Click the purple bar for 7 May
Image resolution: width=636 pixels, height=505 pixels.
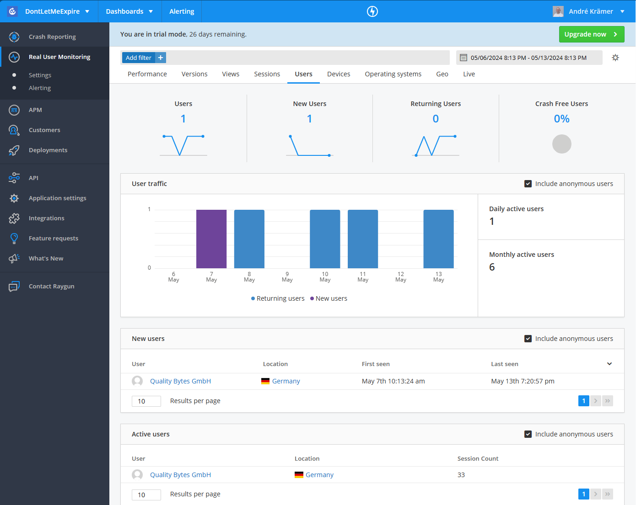(x=211, y=239)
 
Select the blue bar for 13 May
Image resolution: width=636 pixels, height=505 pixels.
(x=438, y=239)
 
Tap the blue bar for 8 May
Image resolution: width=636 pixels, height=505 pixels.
(x=249, y=239)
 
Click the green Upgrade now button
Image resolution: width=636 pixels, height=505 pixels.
(x=591, y=34)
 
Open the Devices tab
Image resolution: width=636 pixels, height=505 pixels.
(x=339, y=74)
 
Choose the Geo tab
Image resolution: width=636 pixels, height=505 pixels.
(x=442, y=74)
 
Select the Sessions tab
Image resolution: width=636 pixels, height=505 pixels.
(x=267, y=74)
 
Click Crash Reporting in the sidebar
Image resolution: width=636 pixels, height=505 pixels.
(x=52, y=37)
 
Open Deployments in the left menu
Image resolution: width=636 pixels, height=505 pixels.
(x=48, y=150)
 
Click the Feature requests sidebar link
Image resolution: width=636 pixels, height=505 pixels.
(x=54, y=238)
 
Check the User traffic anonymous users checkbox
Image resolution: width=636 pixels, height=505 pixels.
(x=528, y=184)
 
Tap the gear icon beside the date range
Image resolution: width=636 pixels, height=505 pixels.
(x=615, y=58)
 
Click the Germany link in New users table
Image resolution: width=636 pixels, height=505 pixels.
(x=286, y=381)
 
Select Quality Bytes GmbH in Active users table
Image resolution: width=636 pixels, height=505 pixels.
(x=180, y=475)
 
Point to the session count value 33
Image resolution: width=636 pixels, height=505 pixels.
(x=461, y=475)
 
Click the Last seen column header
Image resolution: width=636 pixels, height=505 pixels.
(x=505, y=364)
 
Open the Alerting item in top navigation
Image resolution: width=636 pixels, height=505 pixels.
(x=182, y=11)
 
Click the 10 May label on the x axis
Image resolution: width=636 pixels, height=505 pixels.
(x=325, y=277)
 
